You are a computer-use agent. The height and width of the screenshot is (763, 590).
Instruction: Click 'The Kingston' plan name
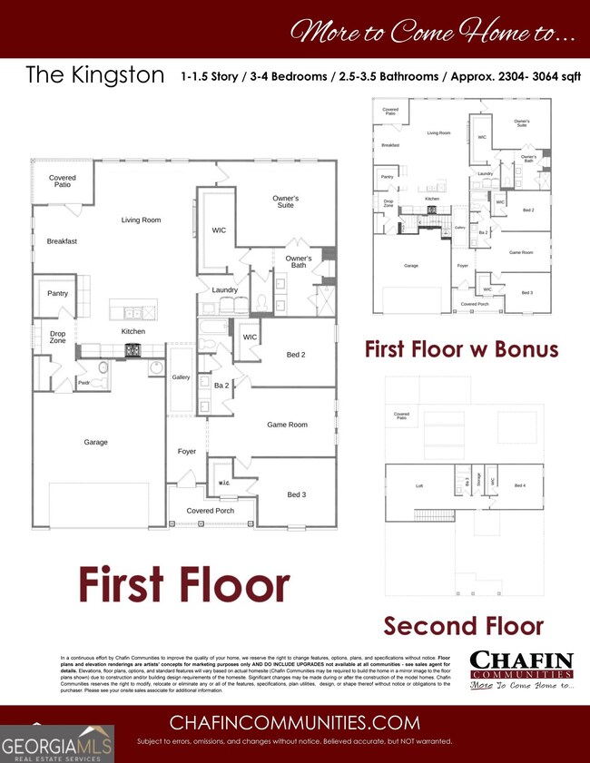[95, 74]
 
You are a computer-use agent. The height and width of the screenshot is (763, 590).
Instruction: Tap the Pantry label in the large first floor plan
[57, 294]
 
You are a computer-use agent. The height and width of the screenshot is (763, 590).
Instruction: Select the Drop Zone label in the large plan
[57, 337]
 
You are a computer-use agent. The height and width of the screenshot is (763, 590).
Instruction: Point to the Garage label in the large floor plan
[96, 443]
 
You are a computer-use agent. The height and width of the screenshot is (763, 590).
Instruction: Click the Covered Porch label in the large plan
[211, 512]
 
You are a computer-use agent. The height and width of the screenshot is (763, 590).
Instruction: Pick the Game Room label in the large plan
[287, 425]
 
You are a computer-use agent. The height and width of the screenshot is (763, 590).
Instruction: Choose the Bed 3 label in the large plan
[297, 494]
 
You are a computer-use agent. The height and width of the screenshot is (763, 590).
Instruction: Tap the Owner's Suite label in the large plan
[286, 201]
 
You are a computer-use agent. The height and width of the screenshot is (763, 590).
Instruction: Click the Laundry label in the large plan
[225, 290]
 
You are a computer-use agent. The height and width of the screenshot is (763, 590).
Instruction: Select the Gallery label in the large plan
[182, 377]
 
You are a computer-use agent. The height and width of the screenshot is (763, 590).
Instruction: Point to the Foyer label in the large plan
[187, 451]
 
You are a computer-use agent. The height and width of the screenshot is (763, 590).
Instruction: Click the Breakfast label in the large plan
[63, 241]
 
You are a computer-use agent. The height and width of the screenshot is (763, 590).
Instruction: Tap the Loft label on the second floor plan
[419, 486]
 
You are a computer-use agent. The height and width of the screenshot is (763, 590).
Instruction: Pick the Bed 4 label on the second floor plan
[520, 486]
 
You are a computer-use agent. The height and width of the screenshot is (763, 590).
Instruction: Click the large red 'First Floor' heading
[184, 584]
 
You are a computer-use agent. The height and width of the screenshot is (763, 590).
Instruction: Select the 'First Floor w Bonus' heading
[461, 349]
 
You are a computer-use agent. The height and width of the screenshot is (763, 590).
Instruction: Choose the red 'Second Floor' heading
[463, 626]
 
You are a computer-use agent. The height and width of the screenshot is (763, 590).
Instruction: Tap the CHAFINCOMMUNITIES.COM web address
[295, 723]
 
